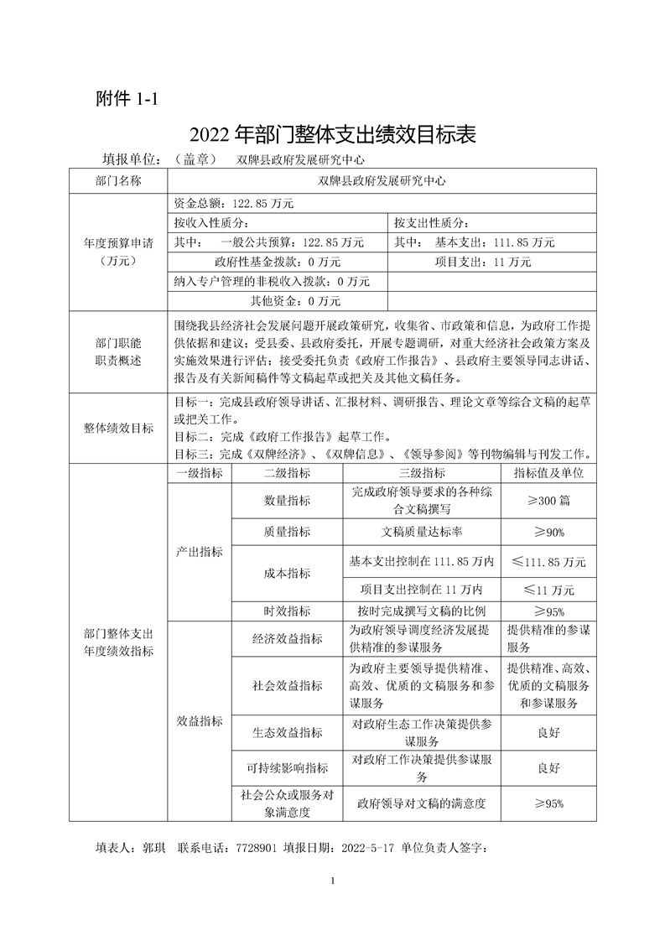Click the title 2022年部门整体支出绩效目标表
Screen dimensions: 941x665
point(333,134)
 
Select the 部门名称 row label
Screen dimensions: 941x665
point(118,180)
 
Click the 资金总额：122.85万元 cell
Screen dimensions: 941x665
point(234,203)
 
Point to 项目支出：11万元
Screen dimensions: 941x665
point(483,262)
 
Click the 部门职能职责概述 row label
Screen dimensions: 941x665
point(118,352)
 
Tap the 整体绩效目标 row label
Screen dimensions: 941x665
point(118,428)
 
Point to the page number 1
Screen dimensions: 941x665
point(333,880)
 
